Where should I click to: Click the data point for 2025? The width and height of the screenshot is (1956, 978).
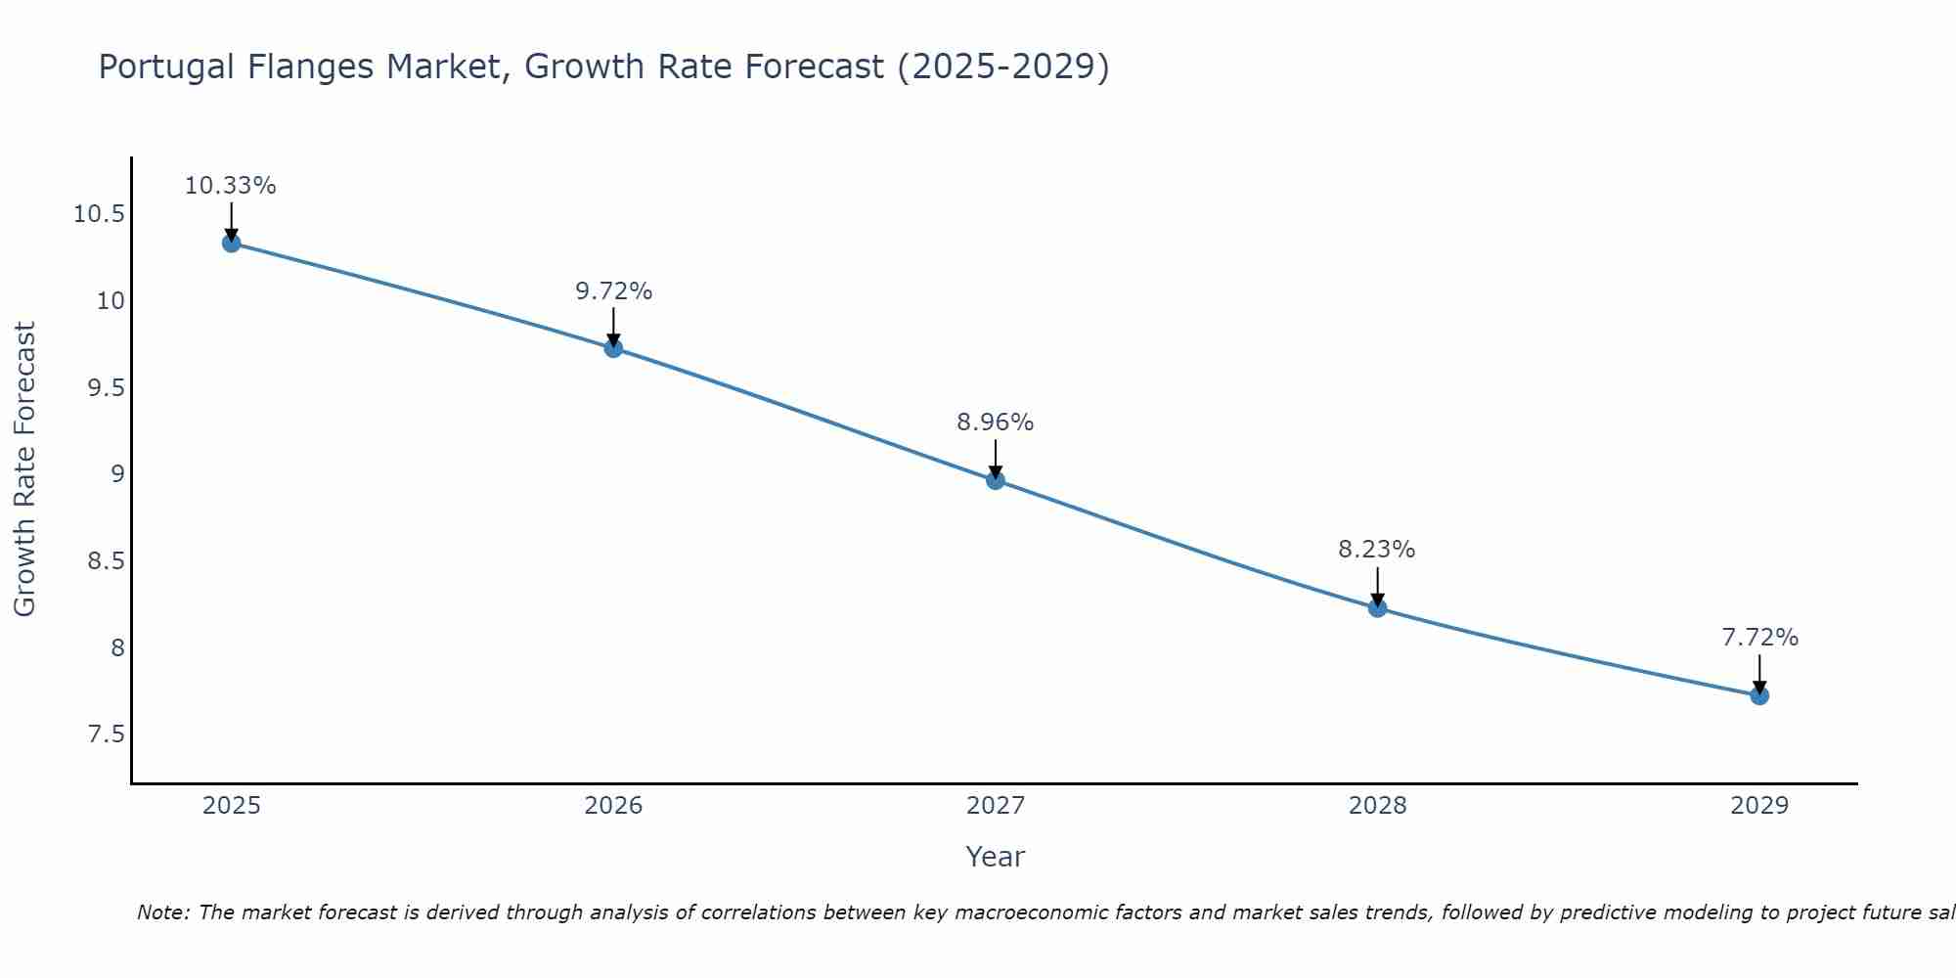coord(232,243)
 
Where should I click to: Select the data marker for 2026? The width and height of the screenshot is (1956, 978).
coord(613,348)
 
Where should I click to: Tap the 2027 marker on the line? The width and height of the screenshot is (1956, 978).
coord(996,480)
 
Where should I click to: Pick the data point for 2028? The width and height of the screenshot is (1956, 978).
coord(1377,607)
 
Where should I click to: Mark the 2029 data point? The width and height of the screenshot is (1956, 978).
coord(1759,695)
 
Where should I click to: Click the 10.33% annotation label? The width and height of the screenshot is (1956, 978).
coord(231,186)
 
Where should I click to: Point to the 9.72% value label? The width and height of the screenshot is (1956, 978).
coord(613,291)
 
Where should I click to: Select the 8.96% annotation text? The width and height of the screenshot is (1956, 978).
coord(995,422)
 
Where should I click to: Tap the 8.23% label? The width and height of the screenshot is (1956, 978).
coord(1376,550)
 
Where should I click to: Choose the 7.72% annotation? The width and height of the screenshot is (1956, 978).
coord(1759,638)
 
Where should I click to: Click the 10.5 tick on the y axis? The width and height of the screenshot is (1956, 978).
coord(100,214)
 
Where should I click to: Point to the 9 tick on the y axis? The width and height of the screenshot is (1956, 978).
coord(117,474)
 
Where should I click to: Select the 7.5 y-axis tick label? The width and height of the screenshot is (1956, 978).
coord(107,734)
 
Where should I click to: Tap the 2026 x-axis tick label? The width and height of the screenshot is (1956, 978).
coord(613,806)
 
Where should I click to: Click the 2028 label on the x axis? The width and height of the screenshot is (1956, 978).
coord(1377,806)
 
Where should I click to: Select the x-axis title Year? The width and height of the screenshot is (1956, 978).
coord(995,857)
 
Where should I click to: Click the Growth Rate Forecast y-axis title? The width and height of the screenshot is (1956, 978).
coord(24,469)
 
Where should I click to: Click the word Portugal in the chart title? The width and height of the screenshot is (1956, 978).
coord(166,67)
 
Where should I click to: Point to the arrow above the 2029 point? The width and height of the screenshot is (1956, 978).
coord(1759,673)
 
